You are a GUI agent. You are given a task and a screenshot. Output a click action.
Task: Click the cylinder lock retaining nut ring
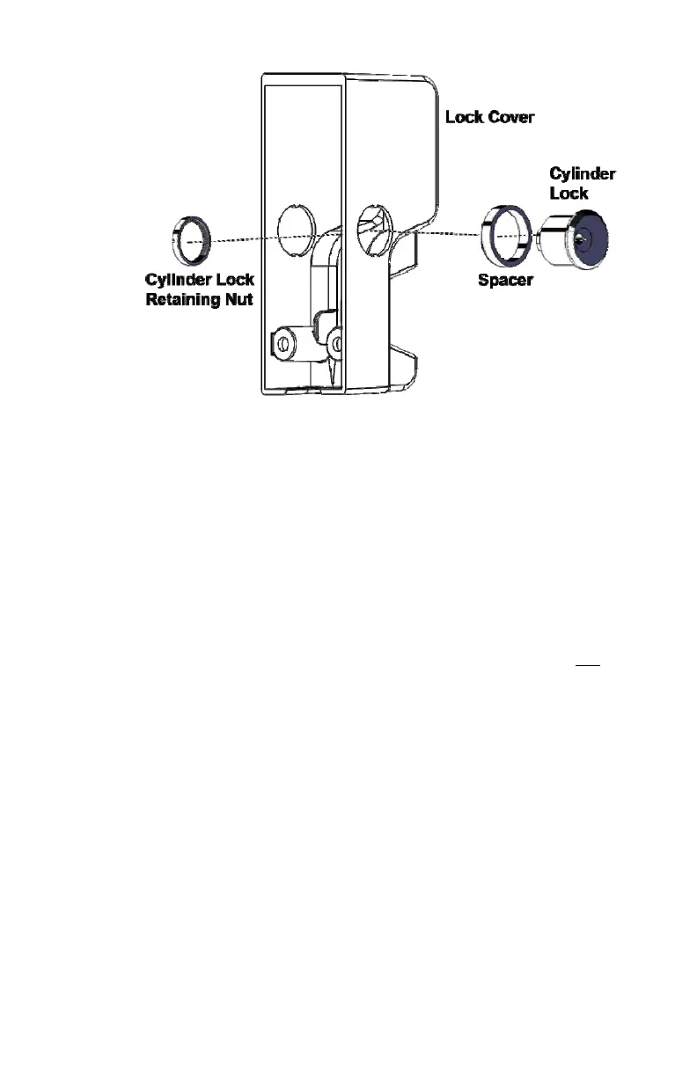187,239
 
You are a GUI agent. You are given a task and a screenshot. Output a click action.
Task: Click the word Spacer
505,282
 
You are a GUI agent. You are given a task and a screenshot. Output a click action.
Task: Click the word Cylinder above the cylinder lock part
582,172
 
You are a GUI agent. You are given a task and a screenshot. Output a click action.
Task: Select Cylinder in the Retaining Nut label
178,280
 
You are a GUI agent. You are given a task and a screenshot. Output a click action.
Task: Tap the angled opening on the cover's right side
373,226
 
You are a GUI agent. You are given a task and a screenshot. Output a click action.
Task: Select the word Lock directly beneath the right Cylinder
569,192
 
